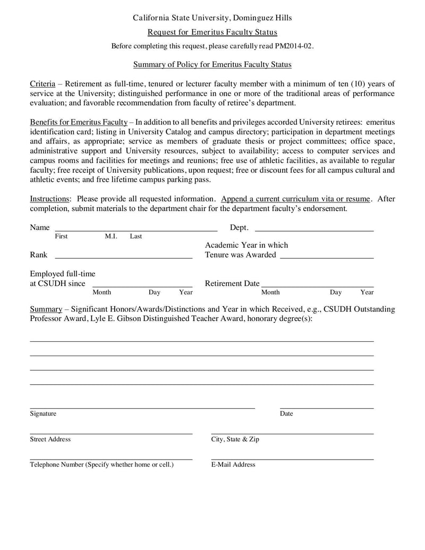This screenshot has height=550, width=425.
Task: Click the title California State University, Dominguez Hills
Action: tap(212, 18)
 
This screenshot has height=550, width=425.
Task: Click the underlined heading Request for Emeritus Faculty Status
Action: tap(212, 32)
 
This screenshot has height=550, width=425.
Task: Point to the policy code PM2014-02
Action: tap(294, 46)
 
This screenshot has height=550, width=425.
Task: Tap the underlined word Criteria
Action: tap(42, 84)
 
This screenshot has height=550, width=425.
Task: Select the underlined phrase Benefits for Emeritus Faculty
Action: tap(79, 122)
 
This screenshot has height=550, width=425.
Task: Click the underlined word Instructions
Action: tap(49, 199)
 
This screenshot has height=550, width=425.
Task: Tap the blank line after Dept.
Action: tap(314, 230)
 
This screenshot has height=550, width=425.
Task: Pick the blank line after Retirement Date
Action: tap(318, 285)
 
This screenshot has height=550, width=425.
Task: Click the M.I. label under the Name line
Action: tap(111, 236)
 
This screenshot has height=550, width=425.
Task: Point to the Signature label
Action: tap(43, 414)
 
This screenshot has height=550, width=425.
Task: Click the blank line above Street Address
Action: tap(111, 433)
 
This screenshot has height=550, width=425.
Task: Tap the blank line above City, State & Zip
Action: tap(292, 433)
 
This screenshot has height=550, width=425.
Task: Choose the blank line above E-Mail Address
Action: tap(292, 458)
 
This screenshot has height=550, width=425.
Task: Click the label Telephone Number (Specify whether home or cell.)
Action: tap(102, 465)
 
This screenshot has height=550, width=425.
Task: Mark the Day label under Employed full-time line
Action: tap(155, 292)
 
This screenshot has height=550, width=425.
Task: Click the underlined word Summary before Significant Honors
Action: tap(46, 309)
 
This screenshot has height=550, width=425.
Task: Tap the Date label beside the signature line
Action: tap(286, 414)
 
